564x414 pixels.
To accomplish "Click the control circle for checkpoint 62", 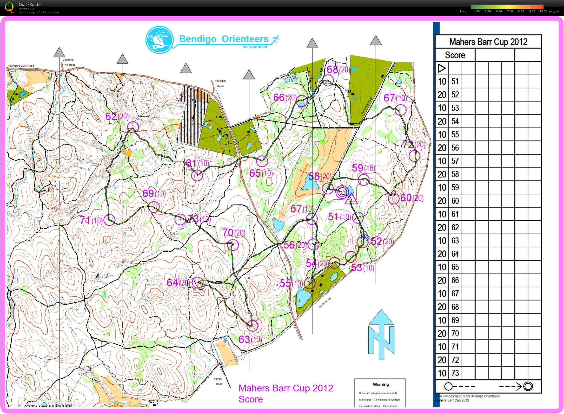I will [x=133, y=127].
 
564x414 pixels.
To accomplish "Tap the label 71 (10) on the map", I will [x=91, y=220].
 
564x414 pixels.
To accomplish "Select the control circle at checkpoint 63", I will [x=252, y=326].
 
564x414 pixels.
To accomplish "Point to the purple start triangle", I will [x=351, y=199].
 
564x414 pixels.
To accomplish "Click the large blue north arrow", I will [x=381, y=335].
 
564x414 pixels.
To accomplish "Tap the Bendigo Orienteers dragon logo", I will [x=160, y=40].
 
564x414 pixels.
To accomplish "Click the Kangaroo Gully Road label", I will [x=21, y=66].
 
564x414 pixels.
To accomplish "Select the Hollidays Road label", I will [x=220, y=83].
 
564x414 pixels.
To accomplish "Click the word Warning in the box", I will [x=380, y=384].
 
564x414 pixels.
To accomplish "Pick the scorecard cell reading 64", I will [x=455, y=254].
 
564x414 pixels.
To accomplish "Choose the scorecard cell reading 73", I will [x=455, y=373].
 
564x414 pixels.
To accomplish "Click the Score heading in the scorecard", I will [x=455, y=55].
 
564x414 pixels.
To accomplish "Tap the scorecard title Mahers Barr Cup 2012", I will [x=488, y=42].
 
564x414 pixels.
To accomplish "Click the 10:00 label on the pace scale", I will [x=543, y=11].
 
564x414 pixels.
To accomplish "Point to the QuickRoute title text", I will [x=30, y=4].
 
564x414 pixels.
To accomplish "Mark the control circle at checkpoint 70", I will [x=233, y=245].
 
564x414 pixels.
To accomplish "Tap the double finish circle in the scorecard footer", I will [x=528, y=386].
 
